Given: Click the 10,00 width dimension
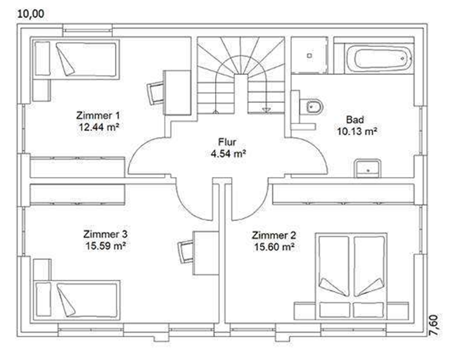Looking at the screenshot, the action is pos(31,14).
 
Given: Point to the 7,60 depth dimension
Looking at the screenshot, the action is pos(435,325).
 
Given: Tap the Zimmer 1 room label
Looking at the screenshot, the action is pos(98,116).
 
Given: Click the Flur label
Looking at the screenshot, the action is pos(227,142).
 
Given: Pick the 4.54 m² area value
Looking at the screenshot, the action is pos(228,154).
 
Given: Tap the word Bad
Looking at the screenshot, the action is pos(355,120).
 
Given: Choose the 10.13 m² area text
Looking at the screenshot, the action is pos(357,132).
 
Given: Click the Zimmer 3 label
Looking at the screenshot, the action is pos(105,234).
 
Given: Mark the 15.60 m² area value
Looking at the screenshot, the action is pos(274,247).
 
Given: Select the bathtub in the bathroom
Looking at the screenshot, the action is pos(380,59).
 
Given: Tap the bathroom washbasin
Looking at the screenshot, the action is pos(367,168).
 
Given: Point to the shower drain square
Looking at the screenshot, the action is pos(309,56).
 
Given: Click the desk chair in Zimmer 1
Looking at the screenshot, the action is pos(156,93).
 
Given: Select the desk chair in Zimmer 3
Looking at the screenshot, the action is pos(186,252).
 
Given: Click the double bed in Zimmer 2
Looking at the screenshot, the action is pos(351,276).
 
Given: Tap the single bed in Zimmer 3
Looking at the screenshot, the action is pos(77,300).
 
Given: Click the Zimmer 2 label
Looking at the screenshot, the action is pos(274,235).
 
